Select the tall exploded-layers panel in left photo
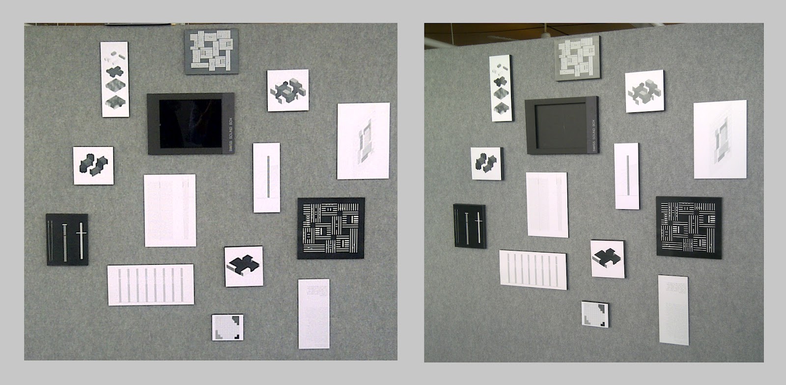coord(115,79)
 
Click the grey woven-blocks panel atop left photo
coord(211,51)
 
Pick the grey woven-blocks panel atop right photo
coord(577,59)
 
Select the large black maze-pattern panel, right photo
coord(689,226)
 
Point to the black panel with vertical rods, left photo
coord(67,239)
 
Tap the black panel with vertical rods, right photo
coord(469,225)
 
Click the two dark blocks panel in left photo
coord(93,165)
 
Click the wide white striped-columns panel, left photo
coord(150,285)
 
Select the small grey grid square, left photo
coord(227,328)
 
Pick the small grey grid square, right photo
coord(595,314)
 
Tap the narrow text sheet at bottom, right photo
coord(673,309)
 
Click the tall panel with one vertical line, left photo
coord(267,177)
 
